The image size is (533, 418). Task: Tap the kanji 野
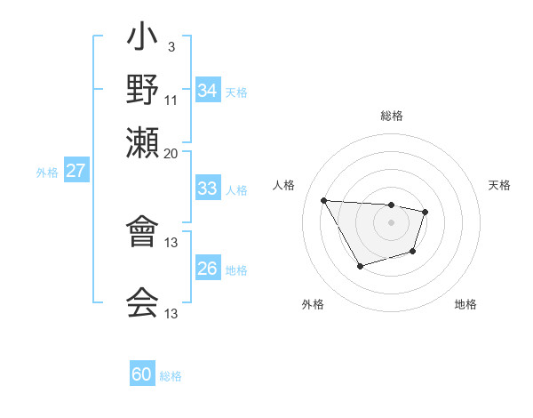click(142, 89)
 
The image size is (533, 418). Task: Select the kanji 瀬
click(142, 141)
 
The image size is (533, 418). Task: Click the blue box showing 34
click(208, 91)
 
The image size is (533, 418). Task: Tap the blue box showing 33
click(208, 189)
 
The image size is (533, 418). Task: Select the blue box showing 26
click(208, 269)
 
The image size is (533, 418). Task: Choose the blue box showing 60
click(142, 374)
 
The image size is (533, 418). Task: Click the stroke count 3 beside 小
click(171, 46)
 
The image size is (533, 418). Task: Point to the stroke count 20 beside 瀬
click(171, 152)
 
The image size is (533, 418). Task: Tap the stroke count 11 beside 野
click(171, 100)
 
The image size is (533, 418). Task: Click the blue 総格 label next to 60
click(171, 376)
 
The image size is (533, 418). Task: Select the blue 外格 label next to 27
click(47, 173)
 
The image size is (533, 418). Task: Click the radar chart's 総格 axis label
click(391, 116)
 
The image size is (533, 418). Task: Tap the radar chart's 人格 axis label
click(284, 185)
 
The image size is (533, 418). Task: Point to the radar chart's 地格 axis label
click(465, 304)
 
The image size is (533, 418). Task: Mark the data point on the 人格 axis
click(324, 200)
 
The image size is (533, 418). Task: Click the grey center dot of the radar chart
click(391, 221)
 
